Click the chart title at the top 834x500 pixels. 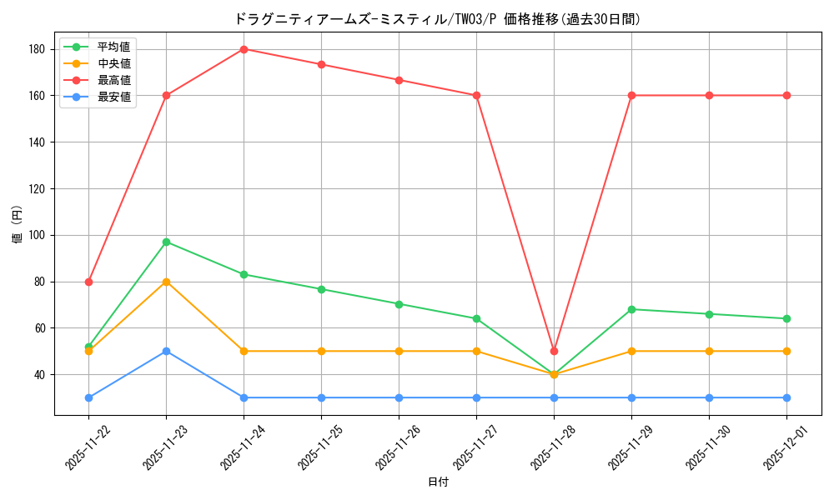(x=438, y=18)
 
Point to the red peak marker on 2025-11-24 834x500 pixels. (x=244, y=49)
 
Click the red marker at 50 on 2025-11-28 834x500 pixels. (x=554, y=351)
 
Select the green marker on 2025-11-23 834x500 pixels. (x=166, y=242)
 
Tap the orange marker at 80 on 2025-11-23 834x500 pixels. (x=166, y=282)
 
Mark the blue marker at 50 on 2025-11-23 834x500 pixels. (x=166, y=351)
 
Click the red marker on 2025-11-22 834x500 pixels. (x=88, y=282)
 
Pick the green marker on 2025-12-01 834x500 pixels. (x=786, y=318)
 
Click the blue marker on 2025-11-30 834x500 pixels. (x=709, y=397)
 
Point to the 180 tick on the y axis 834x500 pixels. (x=36, y=49)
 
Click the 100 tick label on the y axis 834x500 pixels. (x=36, y=235)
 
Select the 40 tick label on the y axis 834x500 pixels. (x=38, y=374)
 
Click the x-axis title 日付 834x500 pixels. (x=438, y=482)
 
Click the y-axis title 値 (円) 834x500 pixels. (x=18, y=224)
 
